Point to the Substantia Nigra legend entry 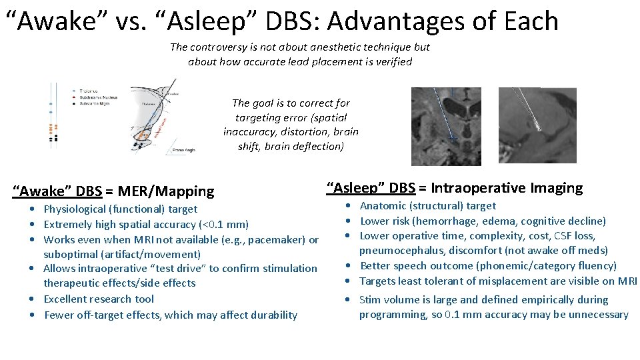(95, 103)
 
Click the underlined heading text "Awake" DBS (57, 192)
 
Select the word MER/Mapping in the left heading (166, 192)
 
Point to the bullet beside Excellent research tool (33, 299)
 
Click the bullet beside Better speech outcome (349, 266)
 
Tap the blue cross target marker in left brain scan (453, 137)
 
